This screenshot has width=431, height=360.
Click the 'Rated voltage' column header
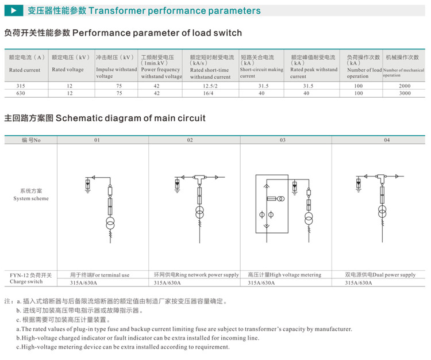(68, 70)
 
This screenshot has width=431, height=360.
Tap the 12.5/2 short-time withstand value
(211, 85)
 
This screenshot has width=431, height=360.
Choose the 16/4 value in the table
(211, 93)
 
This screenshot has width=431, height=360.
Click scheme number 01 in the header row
(97, 140)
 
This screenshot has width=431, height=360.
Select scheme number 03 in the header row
(283, 140)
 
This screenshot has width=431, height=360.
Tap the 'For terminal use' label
(99, 275)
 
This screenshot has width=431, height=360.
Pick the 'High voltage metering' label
(284, 275)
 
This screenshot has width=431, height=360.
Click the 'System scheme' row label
(31, 198)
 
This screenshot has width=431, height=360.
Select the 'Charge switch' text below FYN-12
(26, 282)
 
